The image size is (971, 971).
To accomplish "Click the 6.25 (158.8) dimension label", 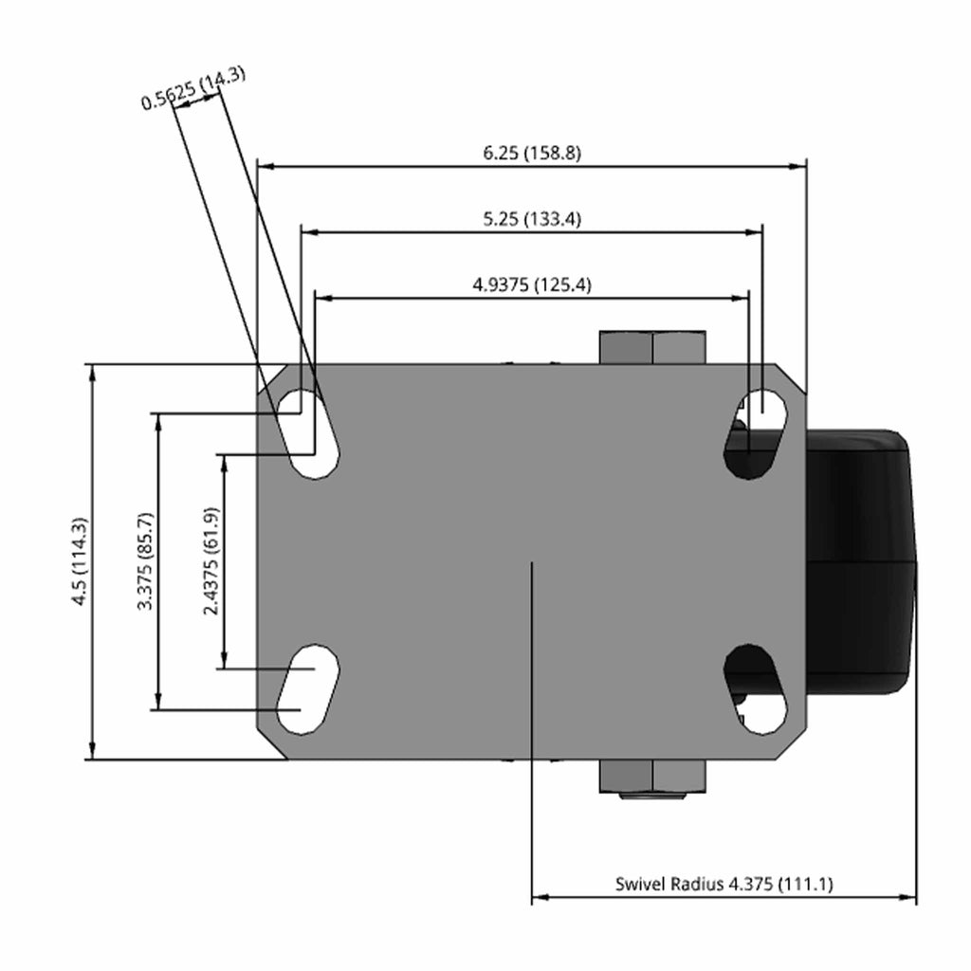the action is point(532,153).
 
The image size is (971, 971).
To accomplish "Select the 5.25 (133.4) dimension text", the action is point(532,219).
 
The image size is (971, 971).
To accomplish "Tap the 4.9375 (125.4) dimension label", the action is point(532,284).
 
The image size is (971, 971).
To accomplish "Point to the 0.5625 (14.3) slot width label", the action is point(193,88).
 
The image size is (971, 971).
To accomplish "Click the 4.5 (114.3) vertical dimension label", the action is point(81,561).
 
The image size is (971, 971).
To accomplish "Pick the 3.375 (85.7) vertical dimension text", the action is point(145,561).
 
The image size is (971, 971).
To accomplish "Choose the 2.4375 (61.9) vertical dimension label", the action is point(211,561).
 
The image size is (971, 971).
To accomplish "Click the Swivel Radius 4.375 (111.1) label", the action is point(724,884).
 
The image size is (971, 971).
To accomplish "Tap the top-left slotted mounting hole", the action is point(308,433).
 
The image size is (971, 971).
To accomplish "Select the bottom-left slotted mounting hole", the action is point(308,689).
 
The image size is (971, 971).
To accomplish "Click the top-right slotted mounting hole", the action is point(756,433).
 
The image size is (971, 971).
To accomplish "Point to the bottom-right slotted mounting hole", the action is point(756,689).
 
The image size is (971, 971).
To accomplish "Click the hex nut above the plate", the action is point(652,347).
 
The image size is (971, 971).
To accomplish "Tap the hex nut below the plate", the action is point(652,777).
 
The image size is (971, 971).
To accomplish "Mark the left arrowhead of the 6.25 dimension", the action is point(266,166).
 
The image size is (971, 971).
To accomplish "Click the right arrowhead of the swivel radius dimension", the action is point(908,897).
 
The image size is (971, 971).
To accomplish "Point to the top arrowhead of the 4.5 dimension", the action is point(93,372).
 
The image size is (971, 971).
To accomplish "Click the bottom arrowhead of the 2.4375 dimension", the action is point(225,661).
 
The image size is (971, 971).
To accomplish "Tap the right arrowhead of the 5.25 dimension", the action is point(755,232).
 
